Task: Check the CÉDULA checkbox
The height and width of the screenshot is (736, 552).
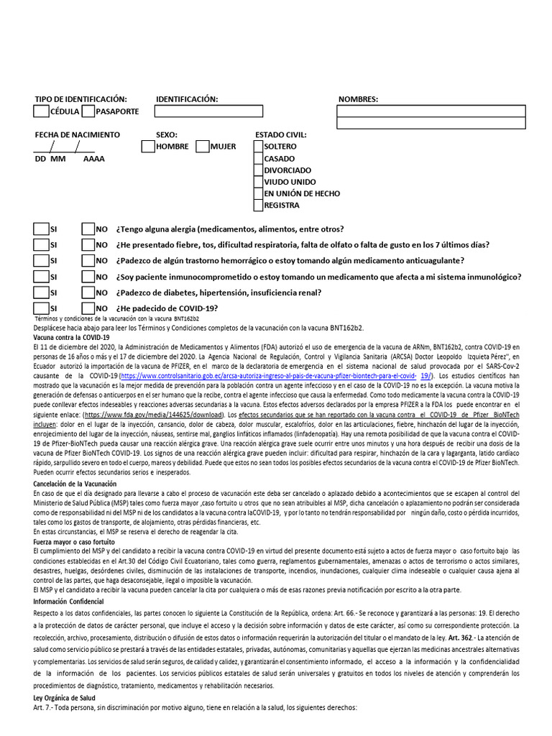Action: (41, 111)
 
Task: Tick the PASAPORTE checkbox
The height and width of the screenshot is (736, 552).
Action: (88, 111)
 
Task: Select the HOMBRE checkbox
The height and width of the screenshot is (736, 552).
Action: (147, 147)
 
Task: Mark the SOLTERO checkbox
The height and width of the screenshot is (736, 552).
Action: (258, 147)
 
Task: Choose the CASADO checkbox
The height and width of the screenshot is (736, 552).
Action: (258, 159)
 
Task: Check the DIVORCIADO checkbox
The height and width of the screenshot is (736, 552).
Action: (258, 170)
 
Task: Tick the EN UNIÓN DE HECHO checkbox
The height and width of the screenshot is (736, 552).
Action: (258, 193)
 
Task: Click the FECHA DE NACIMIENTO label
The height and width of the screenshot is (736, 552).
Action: (78, 135)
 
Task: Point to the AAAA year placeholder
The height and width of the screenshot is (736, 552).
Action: (93, 159)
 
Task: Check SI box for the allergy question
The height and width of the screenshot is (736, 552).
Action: (41, 229)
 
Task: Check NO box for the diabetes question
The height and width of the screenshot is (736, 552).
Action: (88, 293)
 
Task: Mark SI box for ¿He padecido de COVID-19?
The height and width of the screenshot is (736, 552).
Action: (41, 308)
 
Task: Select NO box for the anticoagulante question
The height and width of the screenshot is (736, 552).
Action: (88, 261)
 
